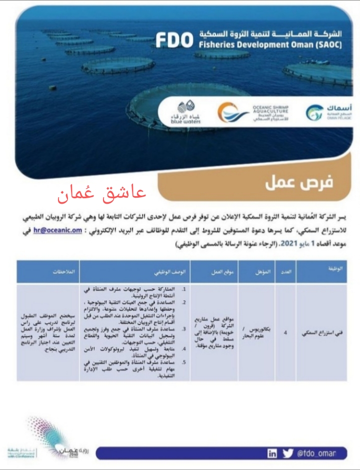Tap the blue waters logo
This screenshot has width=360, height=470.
[x=186, y=112]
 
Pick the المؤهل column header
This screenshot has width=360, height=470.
[x=262, y=271]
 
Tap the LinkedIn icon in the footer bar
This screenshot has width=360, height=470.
[x=272, y=453]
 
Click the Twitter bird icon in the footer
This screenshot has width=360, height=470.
[x=287, y=453]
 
